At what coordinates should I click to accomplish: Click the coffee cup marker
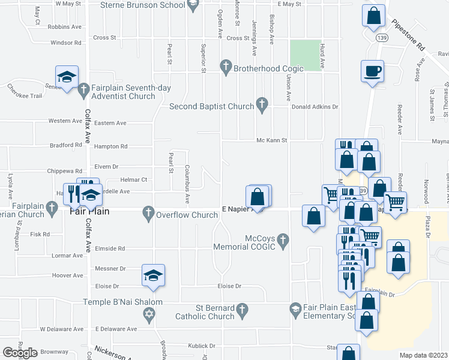click(x=372, y=71)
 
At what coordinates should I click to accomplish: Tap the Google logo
click(x=20, y=352)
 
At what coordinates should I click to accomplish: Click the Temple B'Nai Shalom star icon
click(x=149, y=314)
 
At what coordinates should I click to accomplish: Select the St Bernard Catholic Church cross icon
click(x=242, y=310)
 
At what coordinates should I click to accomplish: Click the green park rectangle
click(x=306, y=53)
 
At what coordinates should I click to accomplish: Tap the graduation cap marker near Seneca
click(x=67, y=77)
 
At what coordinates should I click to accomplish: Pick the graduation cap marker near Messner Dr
click(x=153, y=275)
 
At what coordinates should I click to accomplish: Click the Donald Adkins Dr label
click(x=315, y=107)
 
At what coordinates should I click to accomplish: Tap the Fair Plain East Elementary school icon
click(x=295, y=310)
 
